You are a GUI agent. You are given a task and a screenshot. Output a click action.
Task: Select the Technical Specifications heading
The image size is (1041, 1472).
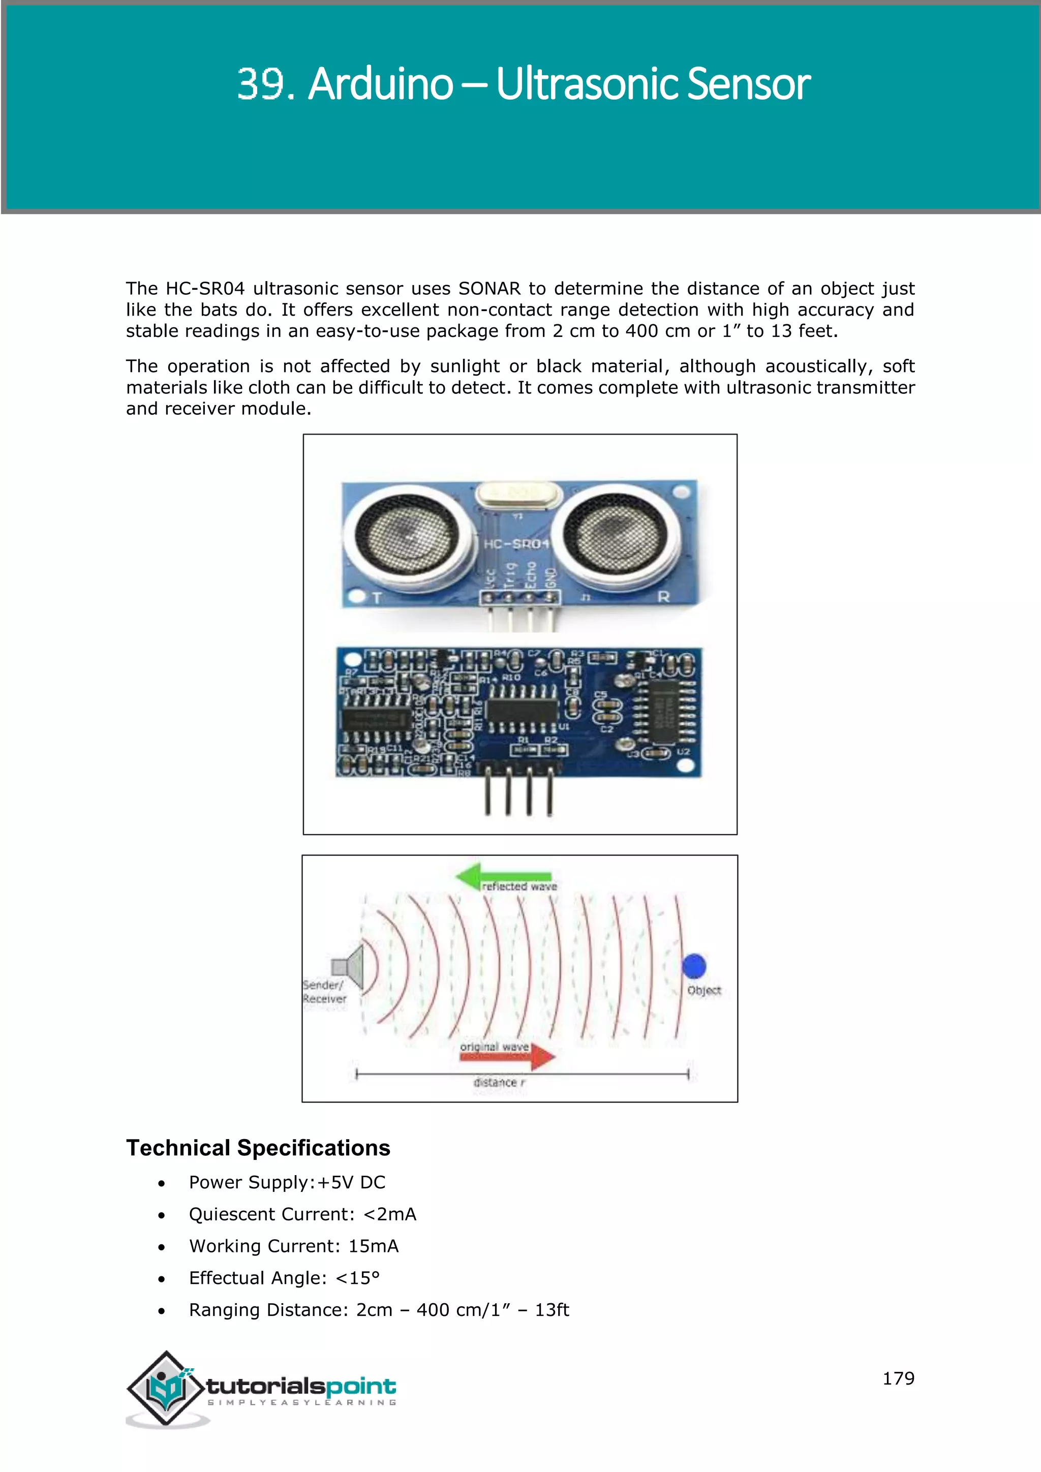coord(258,1148)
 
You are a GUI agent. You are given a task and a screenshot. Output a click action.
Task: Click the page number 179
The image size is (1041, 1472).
coord(898,1378)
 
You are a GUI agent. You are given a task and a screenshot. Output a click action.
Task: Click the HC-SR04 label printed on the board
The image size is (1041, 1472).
coord(516,544)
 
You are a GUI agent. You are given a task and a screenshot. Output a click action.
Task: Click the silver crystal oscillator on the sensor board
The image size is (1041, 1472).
coord(518,494)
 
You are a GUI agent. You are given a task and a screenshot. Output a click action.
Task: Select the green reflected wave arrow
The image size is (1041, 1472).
coord(503,876)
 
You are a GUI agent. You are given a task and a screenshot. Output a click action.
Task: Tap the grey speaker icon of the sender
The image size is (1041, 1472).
coord(348,966)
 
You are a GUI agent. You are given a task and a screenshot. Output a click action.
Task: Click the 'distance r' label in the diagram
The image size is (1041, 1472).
coord(499,1082)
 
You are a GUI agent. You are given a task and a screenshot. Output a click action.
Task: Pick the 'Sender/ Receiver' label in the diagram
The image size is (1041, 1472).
coord(324,992)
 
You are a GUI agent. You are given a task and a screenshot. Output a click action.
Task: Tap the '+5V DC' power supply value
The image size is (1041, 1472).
coord(351,1182)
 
